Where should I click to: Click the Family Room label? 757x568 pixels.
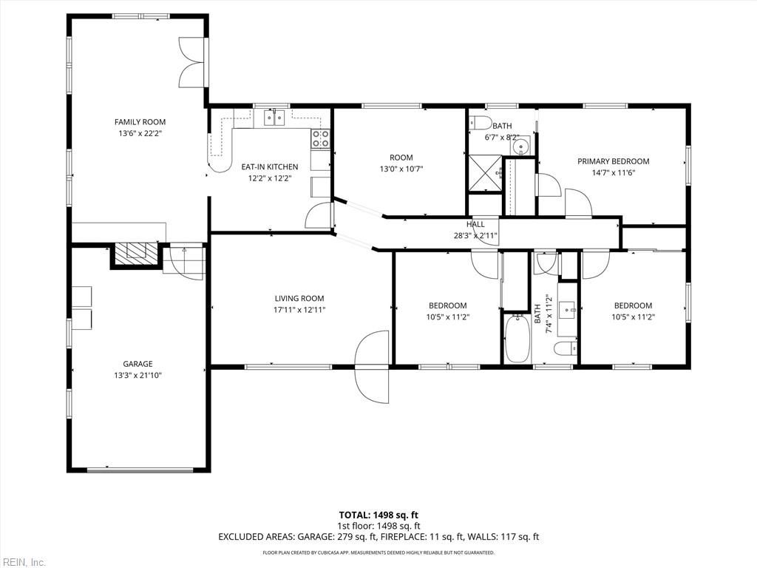pyautogui.click(x=140, y=122)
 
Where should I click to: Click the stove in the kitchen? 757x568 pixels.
pyautogui.click(x=320, y=138)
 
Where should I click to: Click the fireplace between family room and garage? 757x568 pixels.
pyautogui.click(x=135, y=253)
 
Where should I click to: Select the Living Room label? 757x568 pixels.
pyautogui.click(x=299, y=299)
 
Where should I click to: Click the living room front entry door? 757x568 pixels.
pyautogui.click(x=372, y=366)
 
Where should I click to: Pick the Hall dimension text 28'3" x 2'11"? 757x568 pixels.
pyautogui.click(x=475, y=236)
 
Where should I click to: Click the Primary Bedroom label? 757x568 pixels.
pyautogui.click(x=613, y=161)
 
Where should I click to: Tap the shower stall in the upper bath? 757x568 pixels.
pyautogui.click(x=484, y=174)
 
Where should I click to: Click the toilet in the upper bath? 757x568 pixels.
pyautogui.click(x=479, y=121)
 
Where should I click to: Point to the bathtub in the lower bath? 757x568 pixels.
pyautogui.click(x=517, y=338)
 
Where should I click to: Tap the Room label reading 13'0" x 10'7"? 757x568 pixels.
pyautogui.click(x=401, y=169)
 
